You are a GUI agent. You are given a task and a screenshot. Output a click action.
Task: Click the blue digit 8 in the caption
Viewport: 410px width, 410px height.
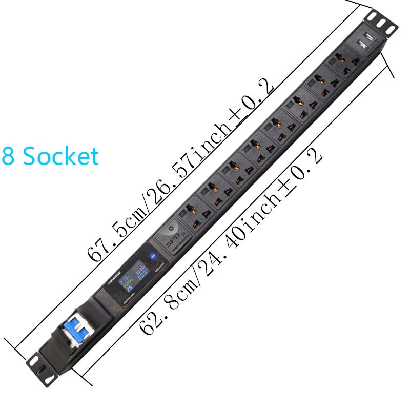point(8,156)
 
